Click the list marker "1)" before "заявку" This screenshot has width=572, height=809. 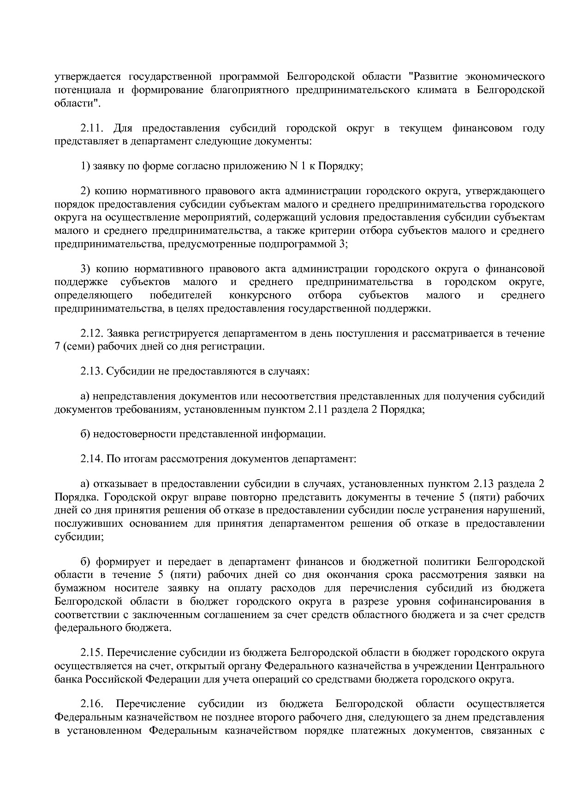tap(85, 167)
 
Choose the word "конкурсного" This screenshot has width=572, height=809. tap(260, 295)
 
